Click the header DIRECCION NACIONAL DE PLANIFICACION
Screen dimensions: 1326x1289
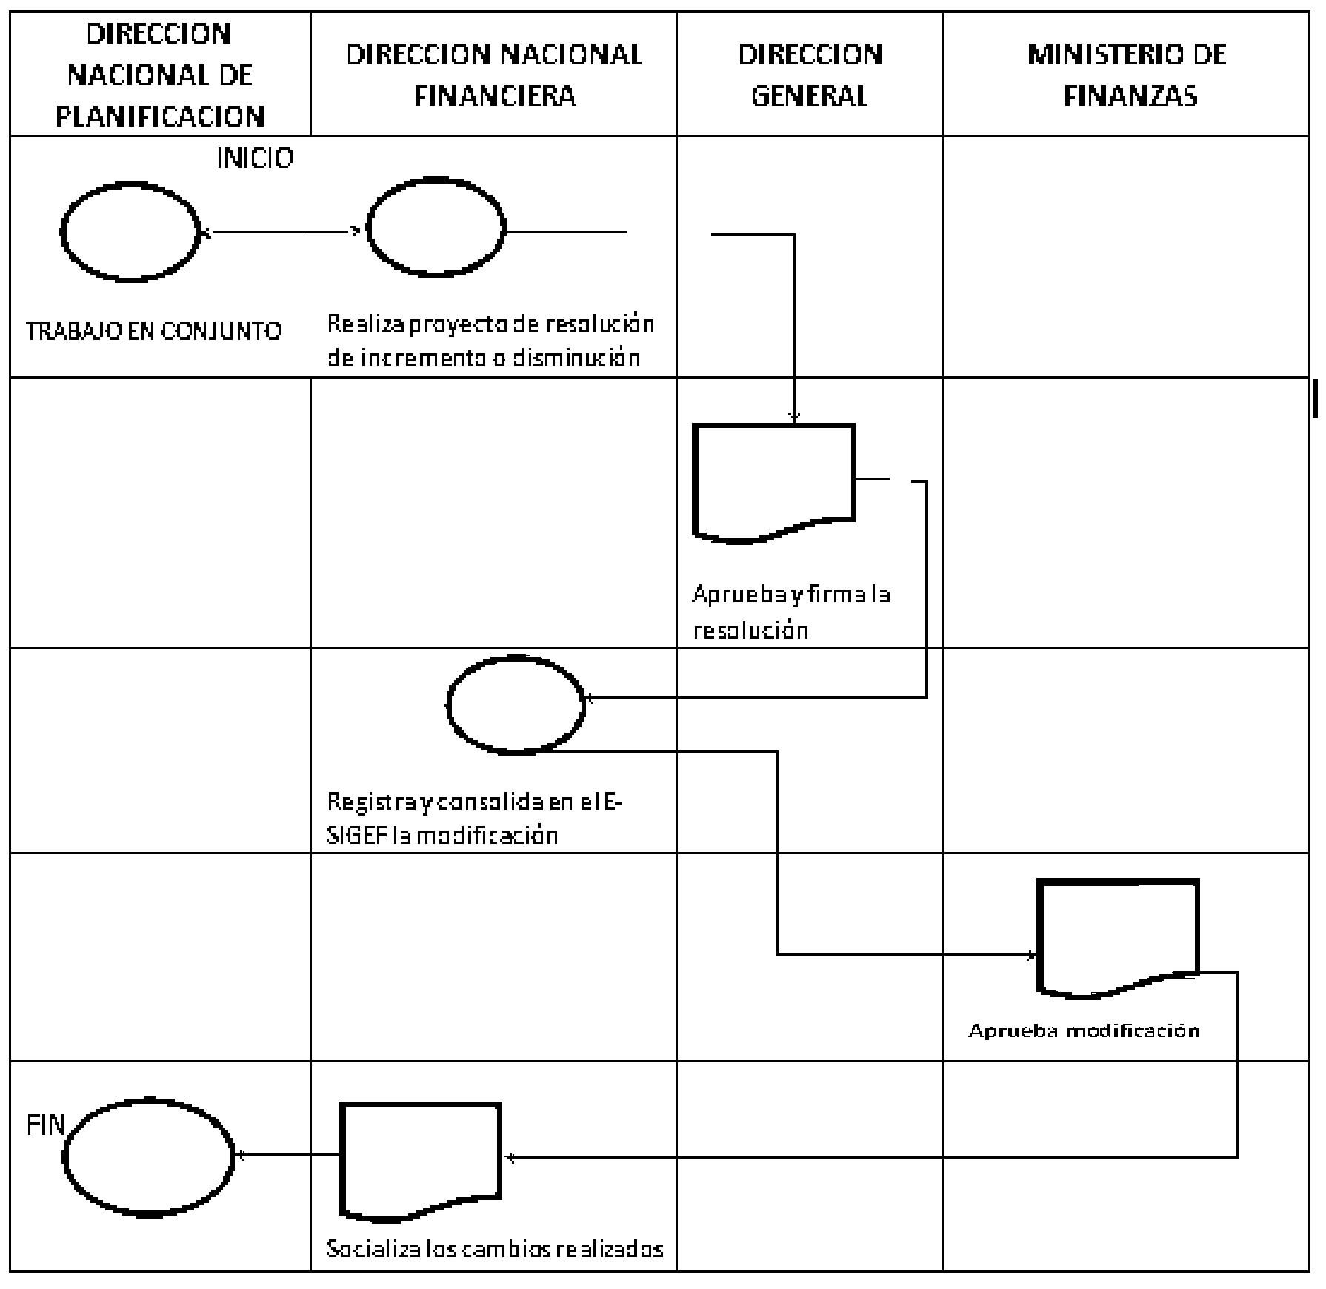point(160,75)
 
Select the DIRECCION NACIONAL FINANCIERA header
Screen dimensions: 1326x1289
point(494,75)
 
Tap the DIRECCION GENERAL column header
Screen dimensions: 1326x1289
point(810,75)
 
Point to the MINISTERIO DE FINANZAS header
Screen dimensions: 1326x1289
point(1127,75)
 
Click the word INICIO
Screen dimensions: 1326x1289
point(255,158)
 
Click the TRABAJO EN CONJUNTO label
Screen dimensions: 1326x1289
point(153,330)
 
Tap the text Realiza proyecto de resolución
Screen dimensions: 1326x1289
point(490,324)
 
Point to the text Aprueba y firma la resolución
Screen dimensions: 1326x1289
point(791,612)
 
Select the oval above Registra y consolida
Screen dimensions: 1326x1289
point(448,704)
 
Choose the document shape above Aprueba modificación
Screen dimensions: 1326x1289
point(1039,937)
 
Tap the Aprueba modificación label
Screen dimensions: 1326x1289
point(1084,1030)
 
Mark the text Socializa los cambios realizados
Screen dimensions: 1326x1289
point(494,1249)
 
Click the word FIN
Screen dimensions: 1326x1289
point(46,1125)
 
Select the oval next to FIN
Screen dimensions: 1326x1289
point(65,1156)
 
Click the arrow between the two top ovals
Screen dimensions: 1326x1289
point(281,232)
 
